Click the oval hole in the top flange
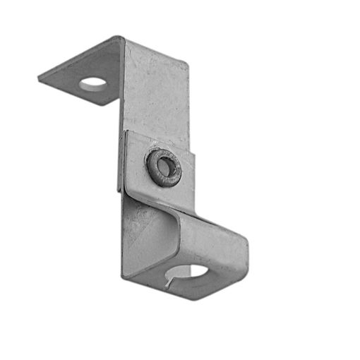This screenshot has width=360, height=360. point(93,84)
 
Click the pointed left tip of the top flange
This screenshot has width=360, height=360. point(40,78)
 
